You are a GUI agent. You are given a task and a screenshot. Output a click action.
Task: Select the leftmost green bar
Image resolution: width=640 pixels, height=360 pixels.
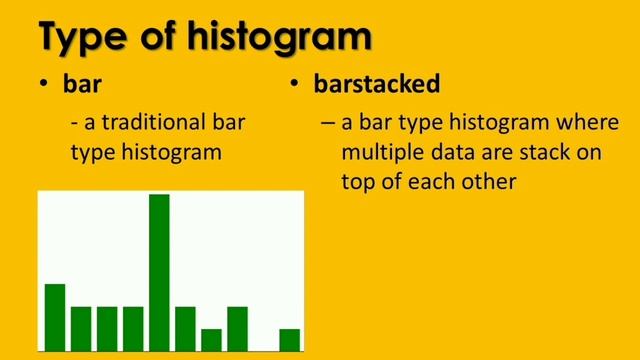point(55,317)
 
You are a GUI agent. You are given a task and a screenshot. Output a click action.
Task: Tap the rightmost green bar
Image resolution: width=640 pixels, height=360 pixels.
point(289,340)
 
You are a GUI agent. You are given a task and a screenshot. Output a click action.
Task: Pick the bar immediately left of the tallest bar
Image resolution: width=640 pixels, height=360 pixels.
point(133,328)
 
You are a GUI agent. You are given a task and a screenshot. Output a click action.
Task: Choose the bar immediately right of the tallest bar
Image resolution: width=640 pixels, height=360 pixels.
point(185,328)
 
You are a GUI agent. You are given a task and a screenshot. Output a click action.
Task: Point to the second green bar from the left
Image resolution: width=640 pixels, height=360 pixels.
point(81,328)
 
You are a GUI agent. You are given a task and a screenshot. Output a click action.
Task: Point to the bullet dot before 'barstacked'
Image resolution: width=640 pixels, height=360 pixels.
point(296,85)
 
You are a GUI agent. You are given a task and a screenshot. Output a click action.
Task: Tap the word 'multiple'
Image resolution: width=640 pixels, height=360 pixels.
point(379,155)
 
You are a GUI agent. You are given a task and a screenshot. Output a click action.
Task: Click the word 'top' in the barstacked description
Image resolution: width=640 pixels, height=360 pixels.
point(360,184)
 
